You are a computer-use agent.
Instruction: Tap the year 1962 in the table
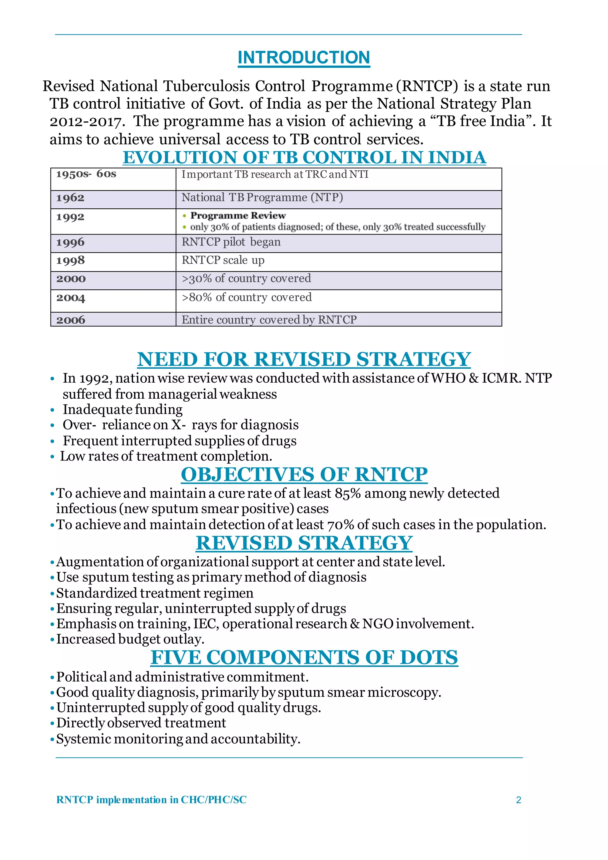(x=70, y=198)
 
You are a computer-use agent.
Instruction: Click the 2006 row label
(x=71, y=320)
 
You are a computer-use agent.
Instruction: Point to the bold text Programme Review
(x=238, y=216)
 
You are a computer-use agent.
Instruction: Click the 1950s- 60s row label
(x=86, y=174)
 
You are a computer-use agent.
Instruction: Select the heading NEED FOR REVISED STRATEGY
(x=303, y=359)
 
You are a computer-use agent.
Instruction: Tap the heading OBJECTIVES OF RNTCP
(x=304, y=475)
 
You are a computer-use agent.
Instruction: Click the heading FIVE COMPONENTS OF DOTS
(x=304, y=658)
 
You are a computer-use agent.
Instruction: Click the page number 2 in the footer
(x=518, y=800)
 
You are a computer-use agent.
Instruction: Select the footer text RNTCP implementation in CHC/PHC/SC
(x=151, y=800)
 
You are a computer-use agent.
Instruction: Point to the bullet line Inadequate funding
(x=123, y=410)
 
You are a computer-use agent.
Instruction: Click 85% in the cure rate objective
(x=348, y=494)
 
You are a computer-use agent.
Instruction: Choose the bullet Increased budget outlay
(x=130, y=639)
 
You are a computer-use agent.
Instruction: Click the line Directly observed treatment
(x=141, y=723)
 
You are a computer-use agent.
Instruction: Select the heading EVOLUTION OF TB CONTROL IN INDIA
(x=304, y=158)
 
